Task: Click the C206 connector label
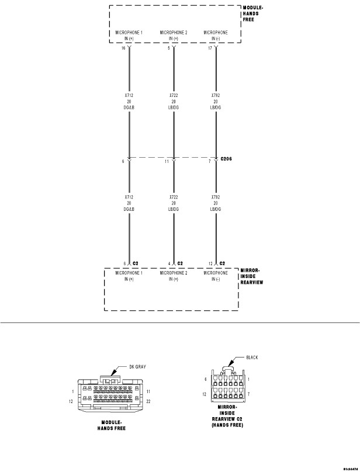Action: pyautogui.click(x=228, y=158)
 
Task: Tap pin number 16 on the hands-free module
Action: pyautogui.click(x=123, y=49)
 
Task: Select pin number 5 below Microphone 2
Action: pyautogui.click(x=169, y=49)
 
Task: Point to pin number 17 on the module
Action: pyautogui.click(x=211, y=49)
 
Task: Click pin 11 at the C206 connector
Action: pyautogui.click(x=167, y=161)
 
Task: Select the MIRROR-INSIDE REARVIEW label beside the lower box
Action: pyautogui.click(x=252, y=276)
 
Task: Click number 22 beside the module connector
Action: pyautogui.click(x=148, y=401)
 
